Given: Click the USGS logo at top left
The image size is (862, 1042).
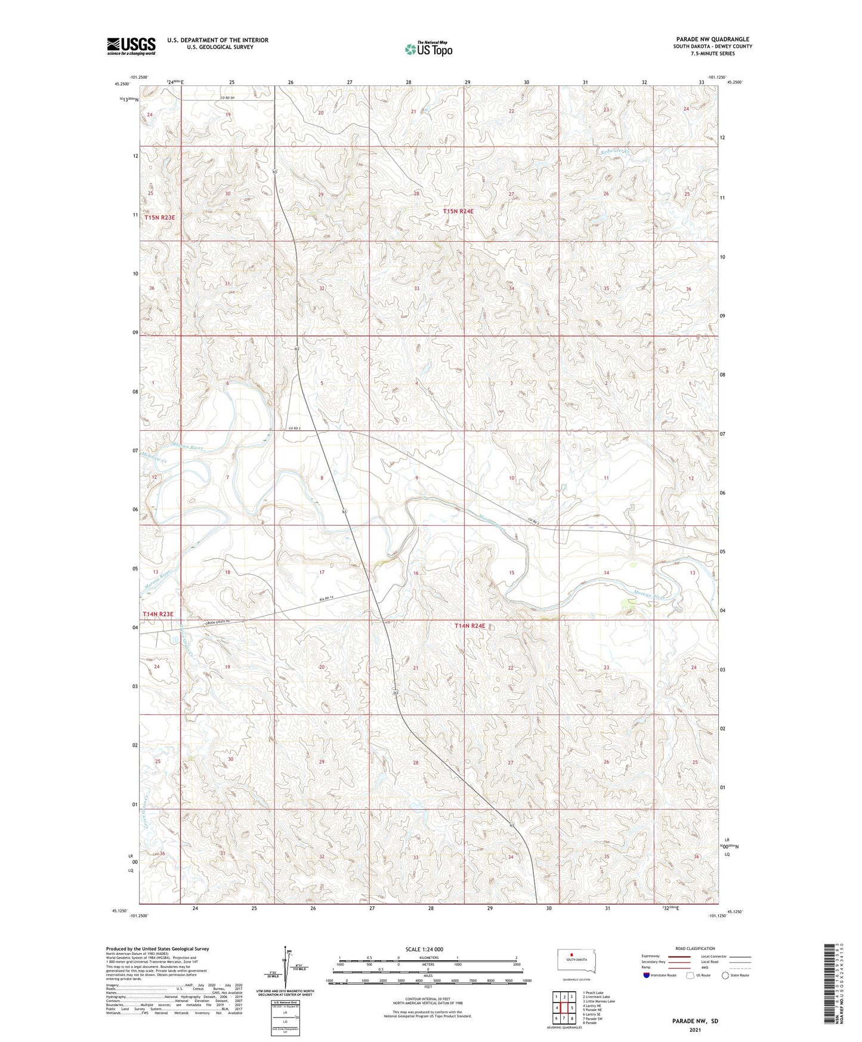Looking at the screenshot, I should [131, 46].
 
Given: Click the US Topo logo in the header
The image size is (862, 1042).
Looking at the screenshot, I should [428, 49].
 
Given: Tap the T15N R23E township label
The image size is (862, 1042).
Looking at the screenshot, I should [160, 218].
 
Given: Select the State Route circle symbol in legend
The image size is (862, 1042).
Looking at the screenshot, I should [726, 975].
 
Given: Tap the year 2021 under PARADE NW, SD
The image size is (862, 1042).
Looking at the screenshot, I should [694, 1029].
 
